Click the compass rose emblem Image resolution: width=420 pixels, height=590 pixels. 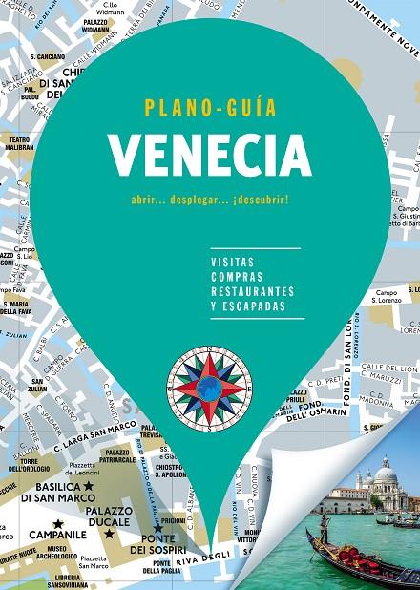click(209, 386)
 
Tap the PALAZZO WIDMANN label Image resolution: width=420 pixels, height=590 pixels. click(94, 24)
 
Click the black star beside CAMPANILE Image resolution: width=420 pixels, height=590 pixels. click(58, 523)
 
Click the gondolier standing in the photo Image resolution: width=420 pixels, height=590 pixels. click(325, 527)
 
